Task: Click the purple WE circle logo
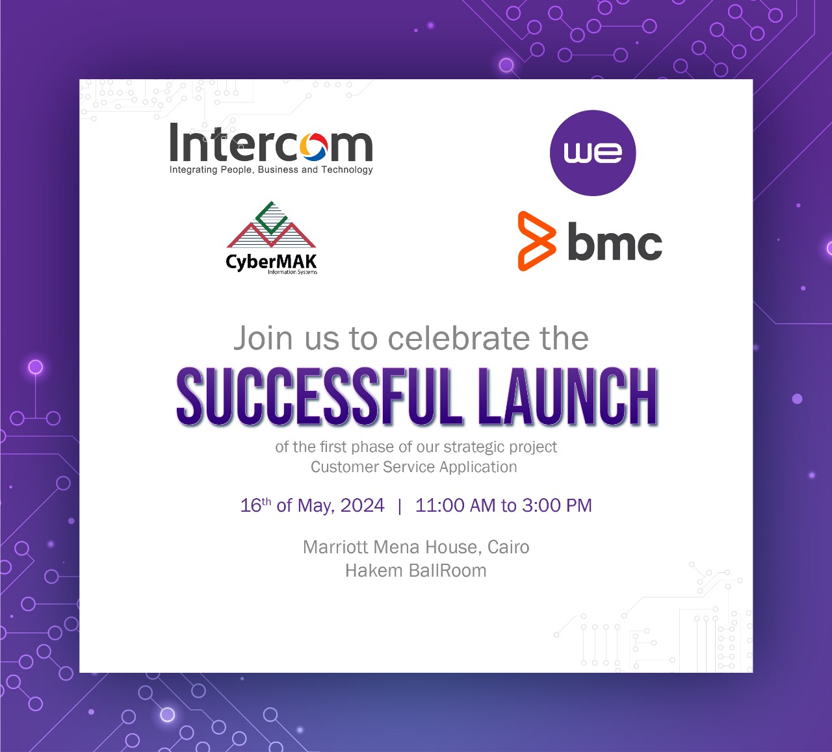click(x=593, y=153)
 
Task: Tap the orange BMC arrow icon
click(x=537, y=241)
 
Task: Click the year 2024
click(x=362, y=505)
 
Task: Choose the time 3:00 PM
click(x=556, y=505)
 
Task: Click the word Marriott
click(x=335, y=547)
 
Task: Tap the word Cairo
click(x=508, y=547)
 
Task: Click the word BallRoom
click(x=447, y=571)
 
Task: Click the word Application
click(x=478, y=468)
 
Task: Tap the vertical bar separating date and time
click(x=400, y=506)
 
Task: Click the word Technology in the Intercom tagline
click(x=347, y=170)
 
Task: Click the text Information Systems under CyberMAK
click(x=292, y=272)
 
